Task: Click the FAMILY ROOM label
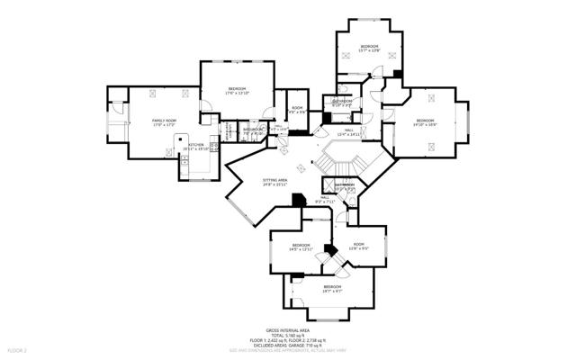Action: tap(162, 121)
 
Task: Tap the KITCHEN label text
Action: tap(196, 145)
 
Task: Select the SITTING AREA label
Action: tap(274, 182)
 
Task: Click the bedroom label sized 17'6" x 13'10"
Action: tap(237, 90)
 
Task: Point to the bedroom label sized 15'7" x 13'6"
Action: tap(369, 49)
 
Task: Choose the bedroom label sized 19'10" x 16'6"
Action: tap(425, 122)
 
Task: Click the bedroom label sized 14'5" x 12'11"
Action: tap(301, 247)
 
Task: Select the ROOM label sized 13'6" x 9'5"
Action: tap(358, 246)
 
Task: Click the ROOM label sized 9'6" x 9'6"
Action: tap(296, 111)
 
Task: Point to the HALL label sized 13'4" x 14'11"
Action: tap(348, 131)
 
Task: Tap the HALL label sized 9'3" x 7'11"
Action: tap(325, 200)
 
